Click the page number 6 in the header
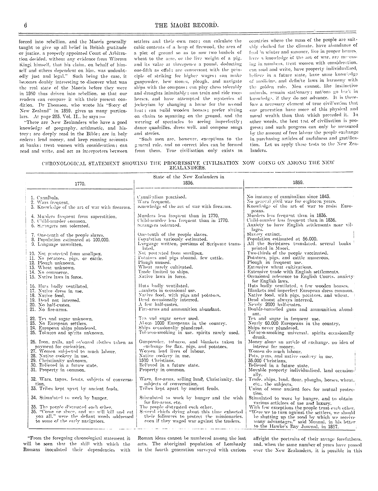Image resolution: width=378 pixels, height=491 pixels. point(26,26)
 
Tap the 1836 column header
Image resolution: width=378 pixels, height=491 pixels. point(188,183)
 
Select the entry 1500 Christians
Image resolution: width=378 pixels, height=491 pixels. point(157,360)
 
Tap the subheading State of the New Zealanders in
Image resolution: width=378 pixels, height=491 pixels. point(189,177)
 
